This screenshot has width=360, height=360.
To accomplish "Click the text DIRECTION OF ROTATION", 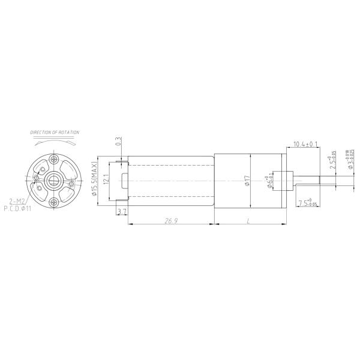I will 55,132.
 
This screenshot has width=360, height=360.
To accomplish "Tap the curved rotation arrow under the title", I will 55,143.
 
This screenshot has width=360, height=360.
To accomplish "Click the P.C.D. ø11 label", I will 18,209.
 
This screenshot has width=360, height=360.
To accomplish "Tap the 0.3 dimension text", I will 118,142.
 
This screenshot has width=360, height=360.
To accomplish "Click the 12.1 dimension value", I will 106,179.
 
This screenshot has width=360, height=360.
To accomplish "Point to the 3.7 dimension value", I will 122,211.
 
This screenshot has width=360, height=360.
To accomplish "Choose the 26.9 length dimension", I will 170,221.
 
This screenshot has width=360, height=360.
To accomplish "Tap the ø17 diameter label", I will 247,180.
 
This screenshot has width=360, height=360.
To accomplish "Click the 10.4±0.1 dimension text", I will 305,145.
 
